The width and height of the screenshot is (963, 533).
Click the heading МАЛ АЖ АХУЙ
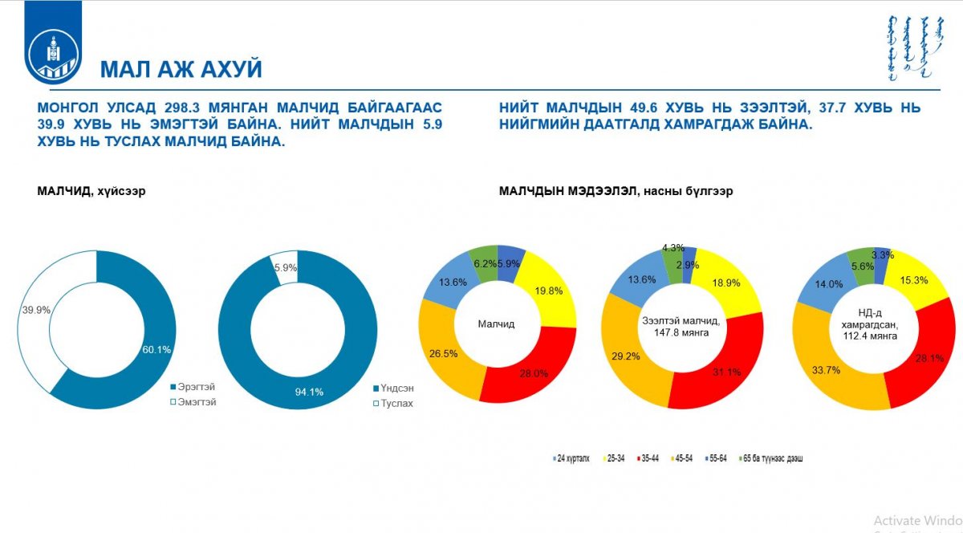coord(181,70)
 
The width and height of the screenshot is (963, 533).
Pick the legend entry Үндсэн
coord(393,387)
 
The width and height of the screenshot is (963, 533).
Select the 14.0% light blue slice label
coord(829,283)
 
